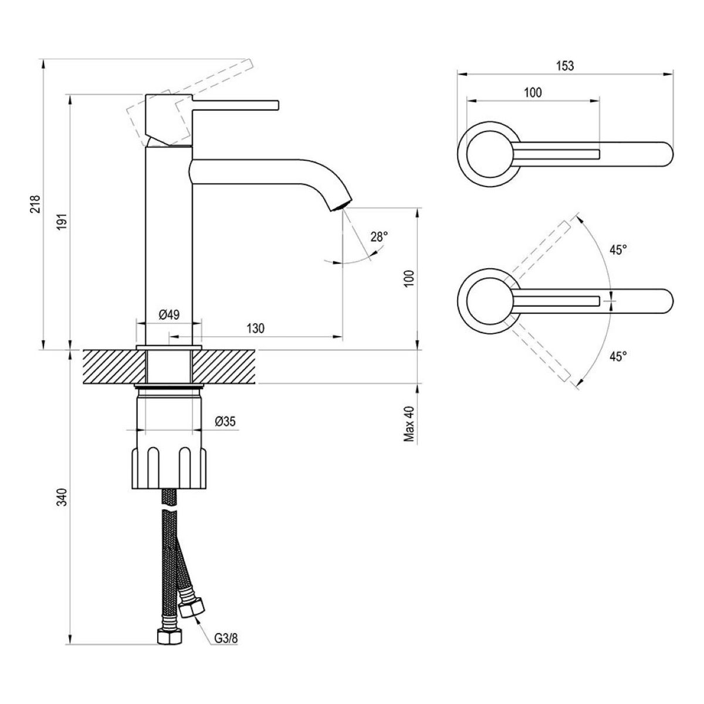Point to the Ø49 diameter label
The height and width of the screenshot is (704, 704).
[169, 314]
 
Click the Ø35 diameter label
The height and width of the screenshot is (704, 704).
[225, 421]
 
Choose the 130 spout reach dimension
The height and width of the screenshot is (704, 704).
[255, 329]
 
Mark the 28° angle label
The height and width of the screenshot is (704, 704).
[379, 237]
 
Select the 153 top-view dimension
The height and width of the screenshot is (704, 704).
[564, 66]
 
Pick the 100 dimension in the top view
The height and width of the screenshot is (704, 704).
[533, 92]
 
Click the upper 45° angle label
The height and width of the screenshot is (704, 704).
[617, 250]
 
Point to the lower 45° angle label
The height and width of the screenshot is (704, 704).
[617, 356]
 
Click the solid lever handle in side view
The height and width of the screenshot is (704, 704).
[235, 104]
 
